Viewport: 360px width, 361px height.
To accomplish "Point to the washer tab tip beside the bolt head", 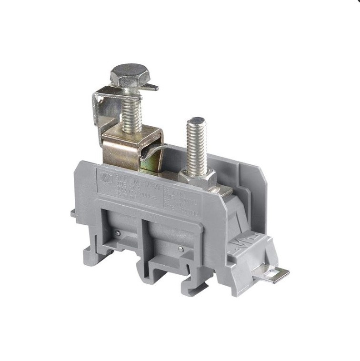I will [153, 87].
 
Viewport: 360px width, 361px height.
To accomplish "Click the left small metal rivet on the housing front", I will [117, 233].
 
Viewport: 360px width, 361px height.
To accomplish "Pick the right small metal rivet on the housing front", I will [180, 249].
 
